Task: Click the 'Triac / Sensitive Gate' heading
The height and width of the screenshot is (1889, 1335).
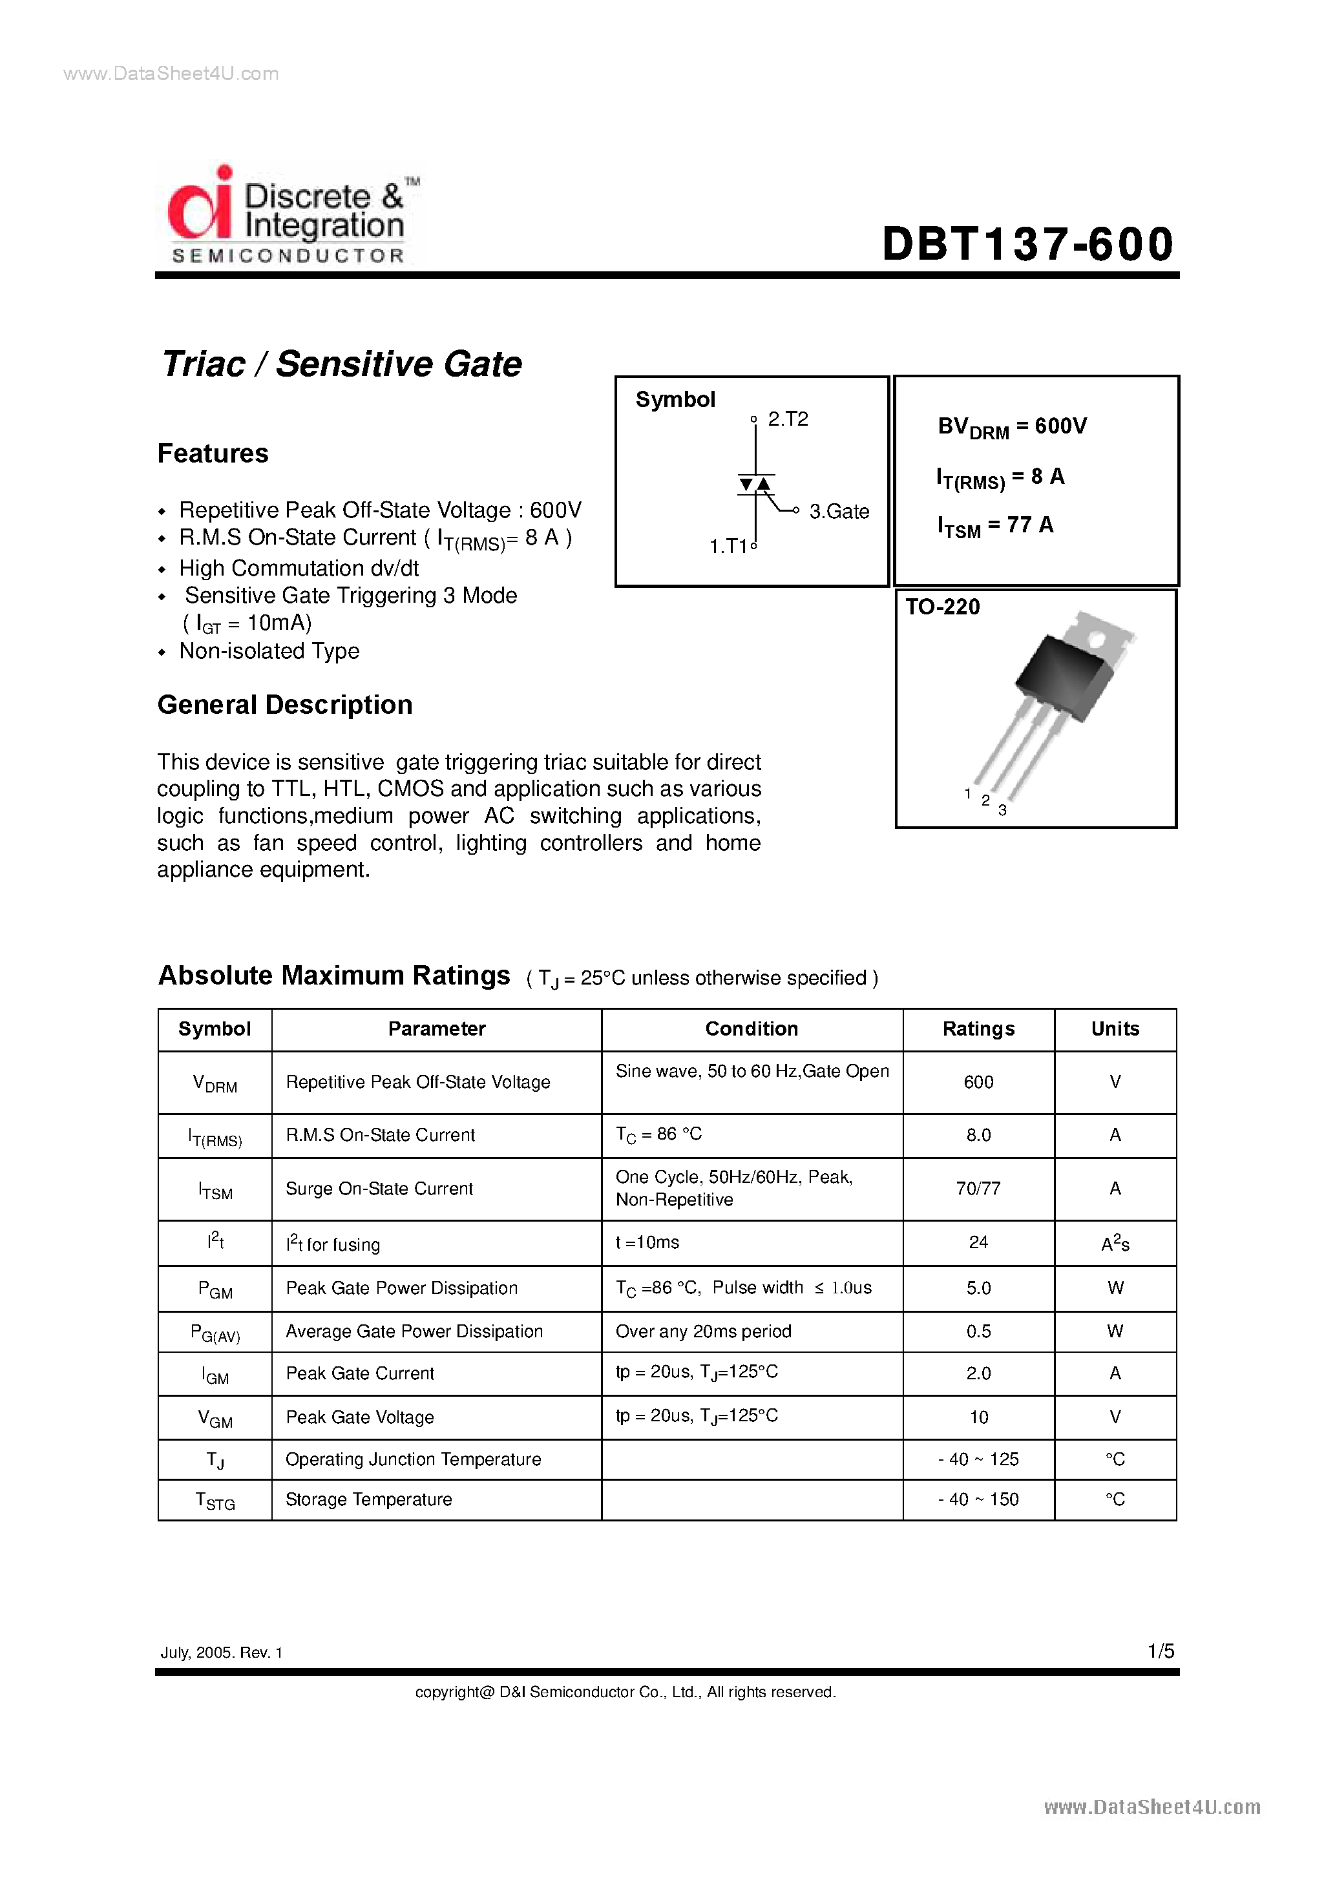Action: [x=342, y=364]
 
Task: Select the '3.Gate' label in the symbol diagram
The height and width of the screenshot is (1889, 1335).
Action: [x=839, y=512]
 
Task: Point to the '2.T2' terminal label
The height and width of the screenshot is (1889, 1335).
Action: [x=788, y=419]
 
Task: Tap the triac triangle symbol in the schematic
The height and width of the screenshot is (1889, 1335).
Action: [x=755, y=484]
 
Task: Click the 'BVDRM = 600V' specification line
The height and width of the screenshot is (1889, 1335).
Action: [x=1011, y=426]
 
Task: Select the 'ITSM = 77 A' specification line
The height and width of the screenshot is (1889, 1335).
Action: [x=994, y=526]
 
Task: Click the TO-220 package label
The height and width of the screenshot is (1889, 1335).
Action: [x=942, y=607]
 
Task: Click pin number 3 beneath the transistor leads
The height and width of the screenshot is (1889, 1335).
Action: [x=1002, y=810]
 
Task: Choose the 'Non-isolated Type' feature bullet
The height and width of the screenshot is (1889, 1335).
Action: [x=269, y=651]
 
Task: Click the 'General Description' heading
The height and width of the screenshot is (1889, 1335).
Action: [x=285, y=705]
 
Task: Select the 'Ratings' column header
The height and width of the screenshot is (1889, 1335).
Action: [x=978, y=1028]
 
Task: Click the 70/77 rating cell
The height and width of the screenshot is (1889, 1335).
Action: [x=978, y=1188]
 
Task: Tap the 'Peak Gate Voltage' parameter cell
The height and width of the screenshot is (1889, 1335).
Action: [x=360, y=1417]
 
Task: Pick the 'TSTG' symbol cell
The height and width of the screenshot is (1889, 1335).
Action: [x=215, y=1500]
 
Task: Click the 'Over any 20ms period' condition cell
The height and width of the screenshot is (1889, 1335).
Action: [x=703, y=1331]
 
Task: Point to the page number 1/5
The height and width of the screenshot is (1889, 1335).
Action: [x=1161, y=1651]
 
